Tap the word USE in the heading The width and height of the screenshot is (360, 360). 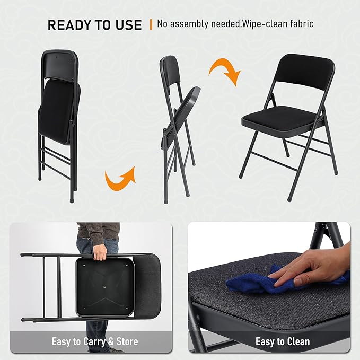(x=128, y=25)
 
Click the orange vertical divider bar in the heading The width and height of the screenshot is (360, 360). (x=151, y=24)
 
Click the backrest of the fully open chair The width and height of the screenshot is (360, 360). (x=305, y=71)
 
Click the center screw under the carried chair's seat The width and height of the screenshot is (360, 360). (x=104, y=286)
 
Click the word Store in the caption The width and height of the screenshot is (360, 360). (x=127, y=341)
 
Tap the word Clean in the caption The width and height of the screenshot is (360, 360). (x=298, y=341)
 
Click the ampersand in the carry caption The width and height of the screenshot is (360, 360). (x=111, y=341)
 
